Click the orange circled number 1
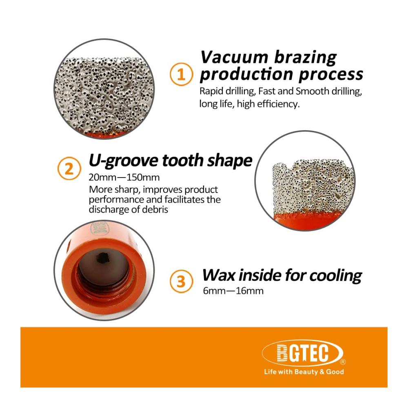tap(181, 74)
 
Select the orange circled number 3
tap(181, 281)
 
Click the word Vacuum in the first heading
tap(234, 57)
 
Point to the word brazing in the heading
tap(305, 58)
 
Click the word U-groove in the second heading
tap(123, 160)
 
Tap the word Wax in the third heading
tap(218, 275)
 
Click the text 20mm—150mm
tap(124, 177)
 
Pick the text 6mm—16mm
tap(233, 290)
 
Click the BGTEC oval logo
tap(303, 353)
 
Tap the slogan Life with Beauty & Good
tap(304, 372)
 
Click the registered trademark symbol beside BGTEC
tap(343, 361)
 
